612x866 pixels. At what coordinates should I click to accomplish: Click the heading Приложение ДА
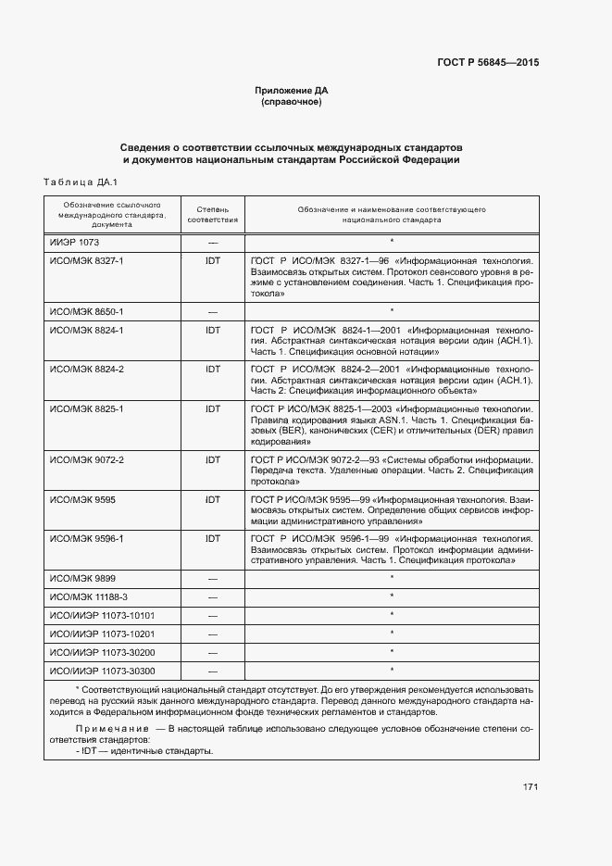click(x=292, y=91)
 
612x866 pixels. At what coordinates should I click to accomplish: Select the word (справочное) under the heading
click(x=292, y=102)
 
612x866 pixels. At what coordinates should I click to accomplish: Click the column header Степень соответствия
click(x=213, y=215)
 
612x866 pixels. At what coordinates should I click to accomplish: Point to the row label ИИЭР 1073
click(x=74, y=242)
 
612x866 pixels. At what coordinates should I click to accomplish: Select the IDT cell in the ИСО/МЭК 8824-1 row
click(x=213, y=330)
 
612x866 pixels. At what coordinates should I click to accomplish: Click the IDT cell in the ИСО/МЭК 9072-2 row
click(x=213, y=459)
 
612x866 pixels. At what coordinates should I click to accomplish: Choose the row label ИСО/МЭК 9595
click(x=81, y=499)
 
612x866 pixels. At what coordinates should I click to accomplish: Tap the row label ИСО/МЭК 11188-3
click(x=89, y=596)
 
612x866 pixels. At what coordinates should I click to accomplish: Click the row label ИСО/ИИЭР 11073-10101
click(x=102, y=615)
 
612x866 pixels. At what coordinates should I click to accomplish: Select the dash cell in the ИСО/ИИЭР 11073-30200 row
click(x=213, y=652)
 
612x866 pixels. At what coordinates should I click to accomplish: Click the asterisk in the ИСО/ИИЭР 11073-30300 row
click(x=393, y=670)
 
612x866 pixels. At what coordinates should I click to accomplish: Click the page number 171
click(x=531, y=787)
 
